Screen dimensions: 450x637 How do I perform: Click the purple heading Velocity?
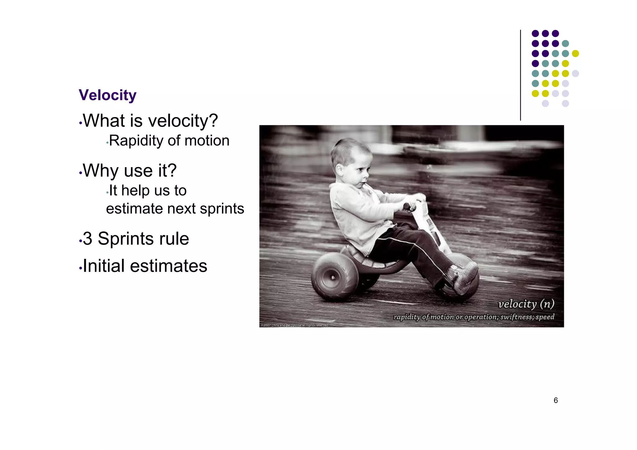(x=107, y=95)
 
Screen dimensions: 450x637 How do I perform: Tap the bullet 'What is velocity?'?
(x=150, y=121)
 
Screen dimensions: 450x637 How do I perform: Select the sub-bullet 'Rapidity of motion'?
(x=169, y=141)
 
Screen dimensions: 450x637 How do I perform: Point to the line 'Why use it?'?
(x=130, y=171)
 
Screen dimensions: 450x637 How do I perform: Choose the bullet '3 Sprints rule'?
(x=136, y=239)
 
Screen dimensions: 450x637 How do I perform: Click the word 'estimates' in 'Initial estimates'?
(x=168, y=266)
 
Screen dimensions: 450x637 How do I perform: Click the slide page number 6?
(x=556, y=400)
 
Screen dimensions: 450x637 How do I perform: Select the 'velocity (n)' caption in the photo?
(x=526, y=304)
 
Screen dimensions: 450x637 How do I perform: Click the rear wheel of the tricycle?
(x=334, y=277)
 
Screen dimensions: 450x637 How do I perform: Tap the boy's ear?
(x=339, y=170)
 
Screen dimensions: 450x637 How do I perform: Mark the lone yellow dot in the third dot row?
(x=575, y=53)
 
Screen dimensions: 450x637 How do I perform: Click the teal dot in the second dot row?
(x=565, y=44)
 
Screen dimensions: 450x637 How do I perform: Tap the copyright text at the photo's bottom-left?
(x=294, y=325)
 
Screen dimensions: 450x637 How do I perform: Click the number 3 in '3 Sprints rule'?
(x=88, y=239)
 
